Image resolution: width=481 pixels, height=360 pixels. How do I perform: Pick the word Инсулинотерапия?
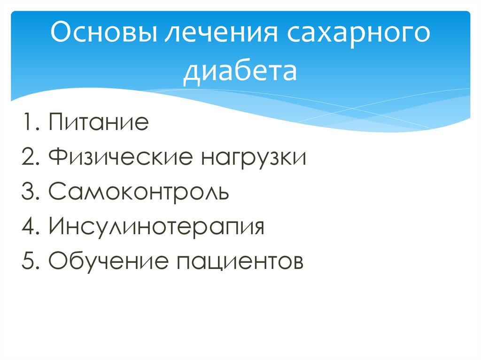pyautogui.click(x=155, y=227)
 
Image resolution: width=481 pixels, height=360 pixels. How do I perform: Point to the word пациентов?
pyautogui.click(x=240, y=261)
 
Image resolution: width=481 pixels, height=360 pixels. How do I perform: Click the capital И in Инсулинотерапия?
pyautogui.click(x=55, y=227)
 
